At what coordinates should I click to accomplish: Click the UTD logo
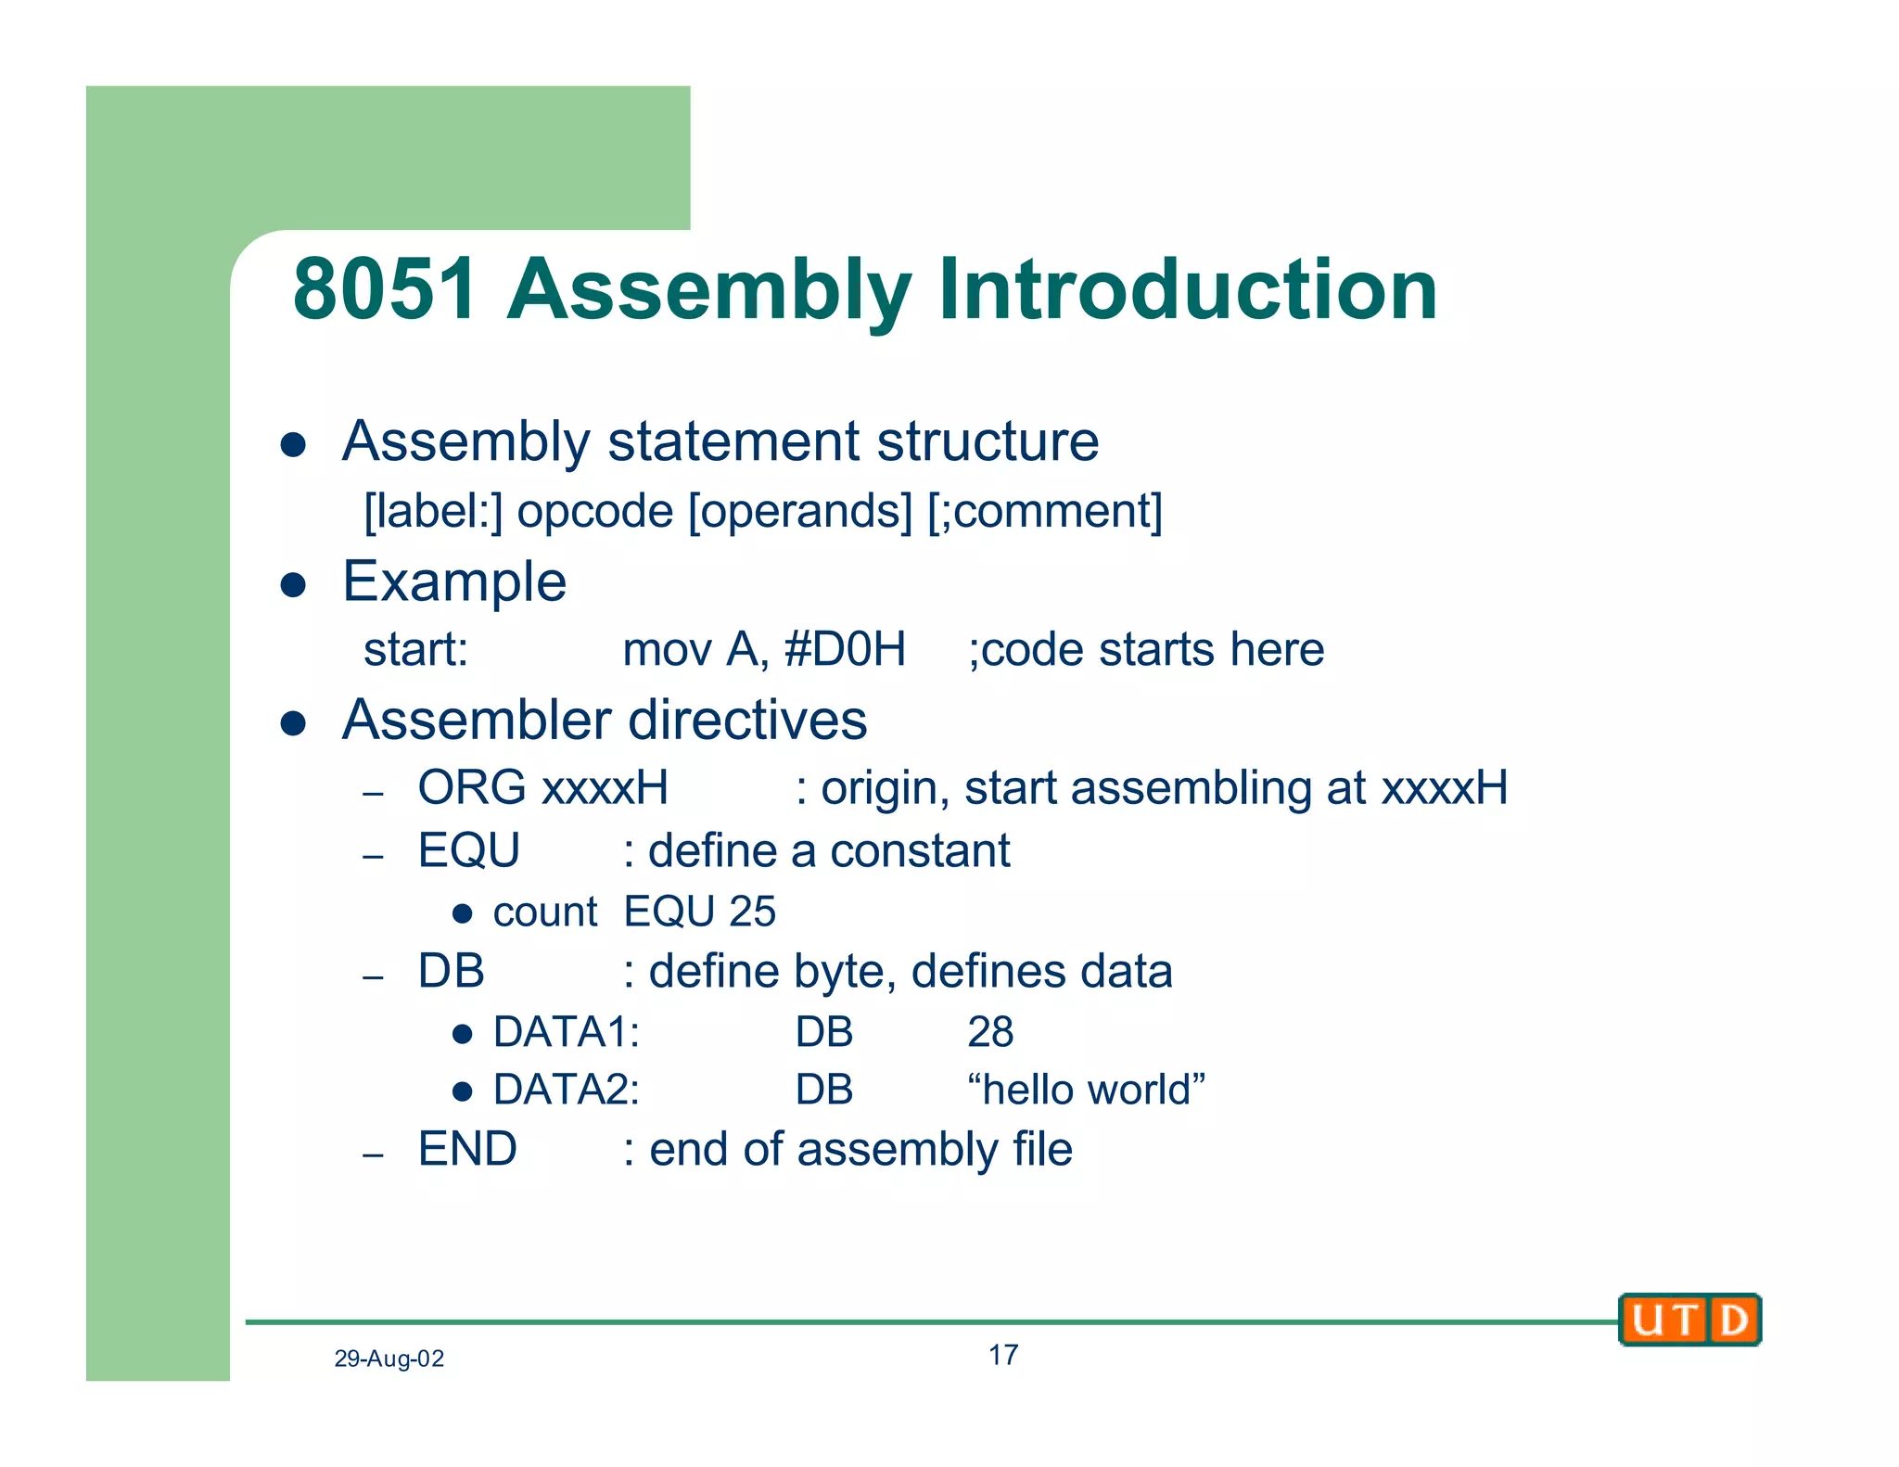pyautogui.click(x=1689, y=1319)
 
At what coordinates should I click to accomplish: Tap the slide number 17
pyautogui.click(x=1002, y=1355)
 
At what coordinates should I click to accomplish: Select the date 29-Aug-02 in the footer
pyautogui.click(x=389, y=1359)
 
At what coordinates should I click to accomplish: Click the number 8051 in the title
pyautogui.click(x=385, y=289)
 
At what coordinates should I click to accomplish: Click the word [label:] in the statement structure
pyautogui.click(x=432, y=511)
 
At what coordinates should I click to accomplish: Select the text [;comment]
pyautogui.click(x=1045, y=511)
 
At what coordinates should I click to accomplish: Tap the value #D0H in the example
pyautogui.click(x=845, y=649)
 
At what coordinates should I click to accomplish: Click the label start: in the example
pyautogui.click(x=415, y=649)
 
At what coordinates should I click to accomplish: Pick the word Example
pyautogui.click(x=454, y=582)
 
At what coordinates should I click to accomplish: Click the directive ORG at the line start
pyautogui.click(x=472, y=787)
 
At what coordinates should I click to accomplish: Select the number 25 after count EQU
pyautogui.click(x=752, y=912)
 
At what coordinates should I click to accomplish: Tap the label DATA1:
pyautogui.click(x=566, y=1032)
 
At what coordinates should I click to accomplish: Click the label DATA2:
pyautogui.click(x=566, y=1090)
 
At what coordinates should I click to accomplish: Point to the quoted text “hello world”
pyautogui.click(x=1086, y=1090)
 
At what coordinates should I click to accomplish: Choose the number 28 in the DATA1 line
pyautogui.click(x=990, y=1032)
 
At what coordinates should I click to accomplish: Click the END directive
pyautogui.click(x=467, y=1149)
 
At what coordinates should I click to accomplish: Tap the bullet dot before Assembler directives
pyautogui.click(x=293, y=723)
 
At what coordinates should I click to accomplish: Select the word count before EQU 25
pyautogui.click(x=544, y=912)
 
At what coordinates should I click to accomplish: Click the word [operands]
pyautogui.click(x=800, y=511)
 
